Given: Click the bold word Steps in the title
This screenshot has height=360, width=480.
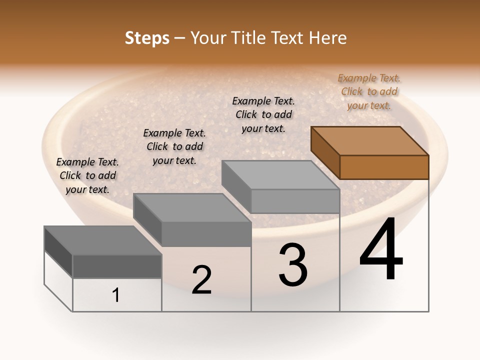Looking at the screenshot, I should (147, 38).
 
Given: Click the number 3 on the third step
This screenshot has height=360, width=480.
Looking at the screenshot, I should (293, 265).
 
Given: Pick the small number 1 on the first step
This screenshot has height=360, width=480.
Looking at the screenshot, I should (116, 295).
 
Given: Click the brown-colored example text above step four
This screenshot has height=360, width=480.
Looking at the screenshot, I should (369, 91).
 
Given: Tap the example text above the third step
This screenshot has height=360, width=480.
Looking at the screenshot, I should (263, 114).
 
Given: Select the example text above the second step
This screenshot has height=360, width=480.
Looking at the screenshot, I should (174, 146).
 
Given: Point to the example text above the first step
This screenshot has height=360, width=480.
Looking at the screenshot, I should (87, 175).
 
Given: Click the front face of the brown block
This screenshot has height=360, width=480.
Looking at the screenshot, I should (384, 167).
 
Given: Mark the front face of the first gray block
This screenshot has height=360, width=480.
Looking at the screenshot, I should (117, 266).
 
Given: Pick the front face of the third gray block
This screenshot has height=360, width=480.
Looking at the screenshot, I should (295, 201).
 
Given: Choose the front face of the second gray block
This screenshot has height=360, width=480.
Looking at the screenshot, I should (206, 234).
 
